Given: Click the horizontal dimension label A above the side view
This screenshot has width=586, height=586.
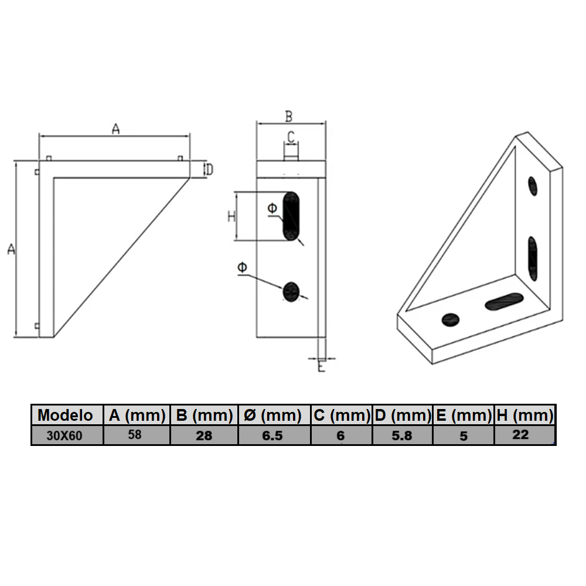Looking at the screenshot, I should coord(115,129).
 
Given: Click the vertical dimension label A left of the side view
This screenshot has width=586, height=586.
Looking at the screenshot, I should coord(11,249).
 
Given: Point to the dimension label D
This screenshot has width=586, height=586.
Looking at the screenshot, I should coord(208,170).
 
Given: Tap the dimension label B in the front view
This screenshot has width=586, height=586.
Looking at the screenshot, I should coord(289,116).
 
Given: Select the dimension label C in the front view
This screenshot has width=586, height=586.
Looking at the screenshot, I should coord(291,137).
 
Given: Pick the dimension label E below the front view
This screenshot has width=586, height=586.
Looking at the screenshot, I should coord(321,367).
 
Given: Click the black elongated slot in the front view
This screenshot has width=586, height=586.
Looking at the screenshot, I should coord(291,216).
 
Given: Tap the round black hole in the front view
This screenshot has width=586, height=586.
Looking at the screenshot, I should coord(291,291).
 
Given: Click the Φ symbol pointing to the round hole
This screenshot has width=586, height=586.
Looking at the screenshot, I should coord(242,268).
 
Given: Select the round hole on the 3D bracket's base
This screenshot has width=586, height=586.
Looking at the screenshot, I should coord(450,319).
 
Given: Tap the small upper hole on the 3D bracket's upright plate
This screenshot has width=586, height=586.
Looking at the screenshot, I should coord(532,186).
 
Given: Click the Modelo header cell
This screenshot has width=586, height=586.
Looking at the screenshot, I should coord(66,415).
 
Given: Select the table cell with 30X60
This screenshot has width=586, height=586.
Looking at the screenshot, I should coord(66,436).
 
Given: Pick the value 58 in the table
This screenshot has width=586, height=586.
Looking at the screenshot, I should coord(135,435).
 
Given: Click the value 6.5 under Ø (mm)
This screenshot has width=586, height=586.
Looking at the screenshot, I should coord(273,436).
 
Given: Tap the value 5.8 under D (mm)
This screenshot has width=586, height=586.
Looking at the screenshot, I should coord(402,436).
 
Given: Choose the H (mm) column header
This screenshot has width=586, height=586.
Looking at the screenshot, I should coord(524,415).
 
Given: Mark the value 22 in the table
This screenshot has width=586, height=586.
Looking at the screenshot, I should coord(520,435).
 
